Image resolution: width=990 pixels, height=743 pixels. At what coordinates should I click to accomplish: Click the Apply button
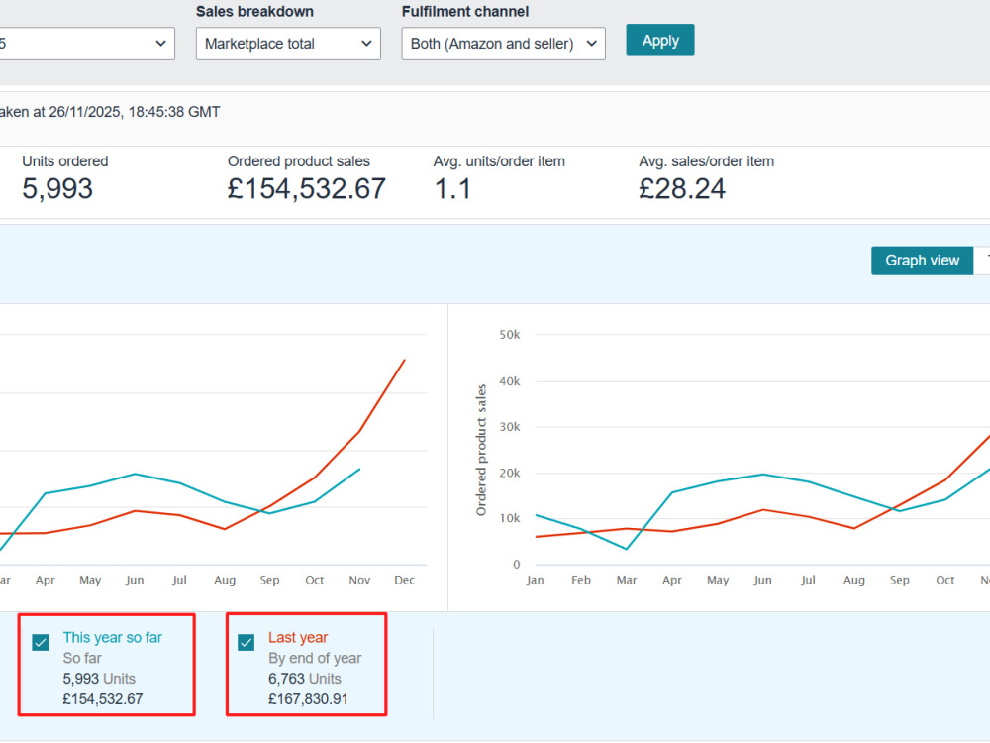coord(659,41)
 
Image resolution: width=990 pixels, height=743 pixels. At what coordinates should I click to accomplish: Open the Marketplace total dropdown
coord(288,44)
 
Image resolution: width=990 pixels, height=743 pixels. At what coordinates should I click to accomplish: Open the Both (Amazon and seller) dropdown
coord(503,44)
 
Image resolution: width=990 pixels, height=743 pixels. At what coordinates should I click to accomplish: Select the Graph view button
coord(922,261)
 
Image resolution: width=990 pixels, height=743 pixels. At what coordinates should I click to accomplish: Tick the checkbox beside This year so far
coord(41,643)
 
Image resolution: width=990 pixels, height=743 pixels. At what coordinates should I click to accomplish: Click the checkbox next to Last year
coord(247,643)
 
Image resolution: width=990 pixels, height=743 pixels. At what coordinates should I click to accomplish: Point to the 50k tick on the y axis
coord(510,335)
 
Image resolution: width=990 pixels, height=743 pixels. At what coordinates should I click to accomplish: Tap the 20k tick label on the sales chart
coord(510,474)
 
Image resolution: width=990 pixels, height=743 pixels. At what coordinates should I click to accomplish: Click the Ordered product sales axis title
coord(481,451)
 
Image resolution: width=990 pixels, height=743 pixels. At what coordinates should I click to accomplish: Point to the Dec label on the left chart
coord(404,580)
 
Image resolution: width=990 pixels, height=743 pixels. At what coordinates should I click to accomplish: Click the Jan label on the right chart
coord(535,580)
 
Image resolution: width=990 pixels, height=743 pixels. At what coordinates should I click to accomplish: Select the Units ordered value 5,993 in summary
coord(57,188)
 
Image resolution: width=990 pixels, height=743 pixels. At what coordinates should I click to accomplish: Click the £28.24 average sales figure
coord(682,188)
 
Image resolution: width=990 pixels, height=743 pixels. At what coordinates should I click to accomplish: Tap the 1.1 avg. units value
coord(452,188)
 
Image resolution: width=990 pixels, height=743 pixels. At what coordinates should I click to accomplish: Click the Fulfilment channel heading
coord(465,11)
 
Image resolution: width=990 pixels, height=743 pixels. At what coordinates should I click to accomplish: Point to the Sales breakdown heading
coord(254,11)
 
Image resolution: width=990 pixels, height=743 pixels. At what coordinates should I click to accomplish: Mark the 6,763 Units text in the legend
coord(305,679)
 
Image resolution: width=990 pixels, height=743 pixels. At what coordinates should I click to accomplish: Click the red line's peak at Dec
coord(405,361)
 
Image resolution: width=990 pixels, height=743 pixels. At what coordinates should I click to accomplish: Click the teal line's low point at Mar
coord(627,549)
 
